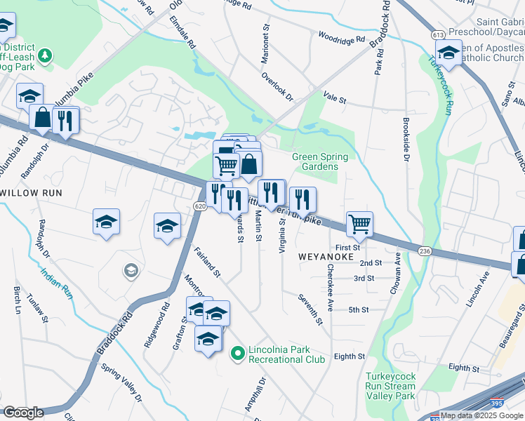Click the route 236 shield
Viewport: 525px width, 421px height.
click(425, 250)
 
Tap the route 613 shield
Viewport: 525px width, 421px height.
click(438, 34)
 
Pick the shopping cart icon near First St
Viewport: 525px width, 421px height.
click(359, 225)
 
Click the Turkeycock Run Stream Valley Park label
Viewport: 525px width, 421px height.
click(390, 386)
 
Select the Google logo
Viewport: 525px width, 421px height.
click(23, 412)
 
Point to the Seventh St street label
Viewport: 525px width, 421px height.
click(309, 309)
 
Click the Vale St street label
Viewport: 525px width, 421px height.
click(335, 99)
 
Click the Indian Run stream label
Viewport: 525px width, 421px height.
click(57, 283)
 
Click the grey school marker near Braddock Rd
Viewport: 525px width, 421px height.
click(130, 270)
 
